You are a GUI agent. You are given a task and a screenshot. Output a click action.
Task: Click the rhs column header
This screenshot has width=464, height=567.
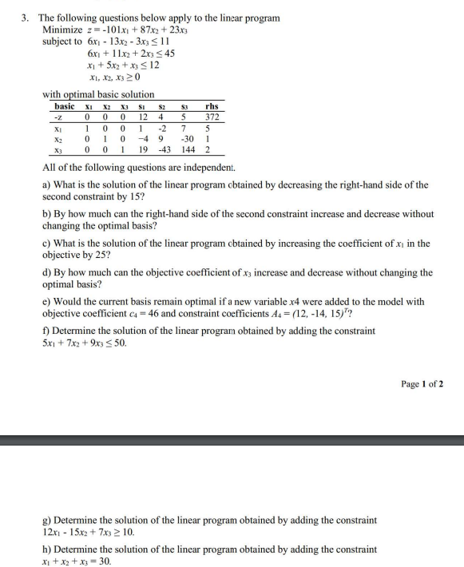212,106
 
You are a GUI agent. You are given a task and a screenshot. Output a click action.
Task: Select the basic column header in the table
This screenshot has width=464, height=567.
65,106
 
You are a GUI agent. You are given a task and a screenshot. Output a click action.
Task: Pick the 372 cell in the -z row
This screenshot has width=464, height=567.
212,117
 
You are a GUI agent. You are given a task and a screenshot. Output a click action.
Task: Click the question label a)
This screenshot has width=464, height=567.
46,184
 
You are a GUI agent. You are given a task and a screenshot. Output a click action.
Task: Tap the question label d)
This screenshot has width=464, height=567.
46,272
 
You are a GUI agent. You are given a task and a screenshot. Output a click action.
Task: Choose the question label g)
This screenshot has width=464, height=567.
46,520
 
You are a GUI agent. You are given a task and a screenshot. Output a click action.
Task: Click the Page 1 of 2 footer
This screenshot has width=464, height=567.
422,383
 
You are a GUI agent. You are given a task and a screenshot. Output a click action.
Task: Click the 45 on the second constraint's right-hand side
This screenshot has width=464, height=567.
169,54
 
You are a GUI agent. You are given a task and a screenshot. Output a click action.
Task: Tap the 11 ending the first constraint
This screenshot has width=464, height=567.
165,42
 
